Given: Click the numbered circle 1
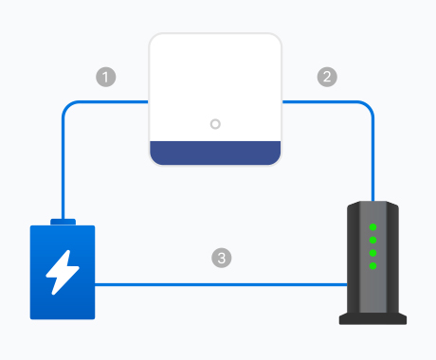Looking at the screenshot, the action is pos(106,77).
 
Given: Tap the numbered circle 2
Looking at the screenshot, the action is pos(327,77).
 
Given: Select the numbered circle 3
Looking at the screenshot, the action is pos(222,258).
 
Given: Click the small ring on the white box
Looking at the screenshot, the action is pos(215,124).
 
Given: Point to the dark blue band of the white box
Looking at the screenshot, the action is pos(215,153).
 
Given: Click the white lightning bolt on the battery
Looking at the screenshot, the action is pos(63,272).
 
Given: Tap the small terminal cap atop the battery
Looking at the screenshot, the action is pos(64,222).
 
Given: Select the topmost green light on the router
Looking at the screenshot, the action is pos(372,227).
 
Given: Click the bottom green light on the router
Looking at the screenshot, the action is pos(372,266).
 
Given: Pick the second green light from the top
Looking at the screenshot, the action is pos(372,240).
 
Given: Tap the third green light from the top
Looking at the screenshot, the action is pos(372,253).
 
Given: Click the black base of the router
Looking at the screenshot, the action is pos(372,318).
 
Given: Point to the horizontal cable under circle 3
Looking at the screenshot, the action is pos(221,284).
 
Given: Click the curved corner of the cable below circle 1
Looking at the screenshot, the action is pos(66,105).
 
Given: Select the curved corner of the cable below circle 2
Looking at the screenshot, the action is pos(370,105).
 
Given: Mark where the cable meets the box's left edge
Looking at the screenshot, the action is pos(149,101).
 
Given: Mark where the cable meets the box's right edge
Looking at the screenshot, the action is pos(282,101).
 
